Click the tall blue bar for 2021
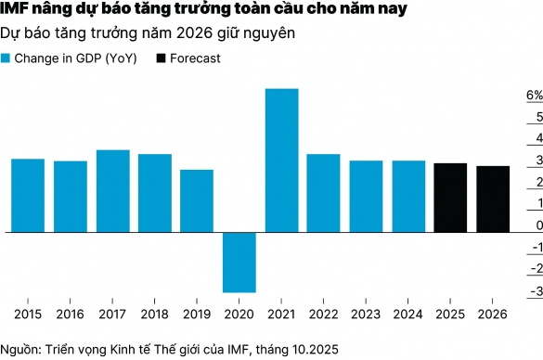pos(281,160)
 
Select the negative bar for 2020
pos(239,262)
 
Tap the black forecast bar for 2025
pos(450,197)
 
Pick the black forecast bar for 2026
pos(492,199)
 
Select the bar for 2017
pos(112,190)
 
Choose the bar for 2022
pos(323,192)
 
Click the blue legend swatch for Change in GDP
pos(7,58)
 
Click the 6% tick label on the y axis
pos(534,96)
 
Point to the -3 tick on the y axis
pos(535,291)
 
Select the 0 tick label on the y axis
pos(537,226)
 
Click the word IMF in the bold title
pos(16,11)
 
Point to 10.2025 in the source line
pos(311,348)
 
